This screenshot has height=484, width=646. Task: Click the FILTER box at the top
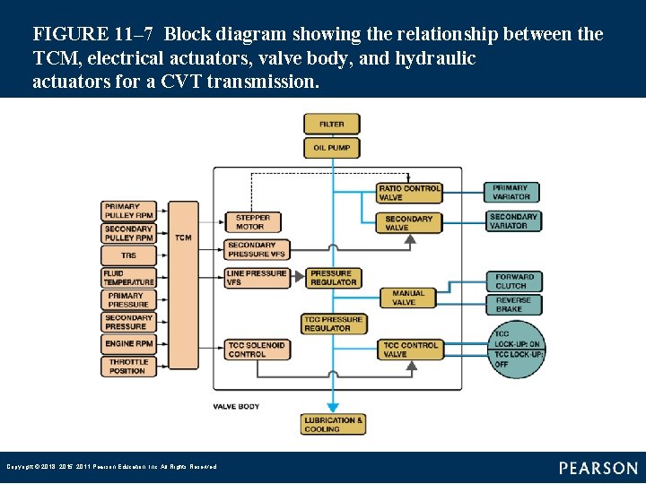332,124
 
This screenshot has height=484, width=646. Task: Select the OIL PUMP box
332,147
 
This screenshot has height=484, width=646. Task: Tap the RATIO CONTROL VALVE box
409,193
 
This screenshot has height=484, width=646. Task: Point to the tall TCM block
183,285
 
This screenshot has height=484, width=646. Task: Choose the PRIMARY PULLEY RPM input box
128,211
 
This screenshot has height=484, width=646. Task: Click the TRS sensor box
128,255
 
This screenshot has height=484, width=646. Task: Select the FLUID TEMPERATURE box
128,278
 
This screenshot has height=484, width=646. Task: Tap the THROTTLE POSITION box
128,366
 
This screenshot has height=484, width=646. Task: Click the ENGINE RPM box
128,343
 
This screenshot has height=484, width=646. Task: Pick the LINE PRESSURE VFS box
257,278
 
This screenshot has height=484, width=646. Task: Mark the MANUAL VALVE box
409,298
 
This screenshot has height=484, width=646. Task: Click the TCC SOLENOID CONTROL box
257,349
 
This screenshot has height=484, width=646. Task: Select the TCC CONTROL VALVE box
410,349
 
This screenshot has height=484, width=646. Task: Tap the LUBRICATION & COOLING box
333,424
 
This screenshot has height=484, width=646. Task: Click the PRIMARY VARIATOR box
512,193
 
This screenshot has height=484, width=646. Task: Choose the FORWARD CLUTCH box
514,281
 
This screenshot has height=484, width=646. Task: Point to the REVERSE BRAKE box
514,305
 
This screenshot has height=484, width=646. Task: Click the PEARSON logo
598,468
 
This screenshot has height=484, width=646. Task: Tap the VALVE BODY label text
236,406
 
